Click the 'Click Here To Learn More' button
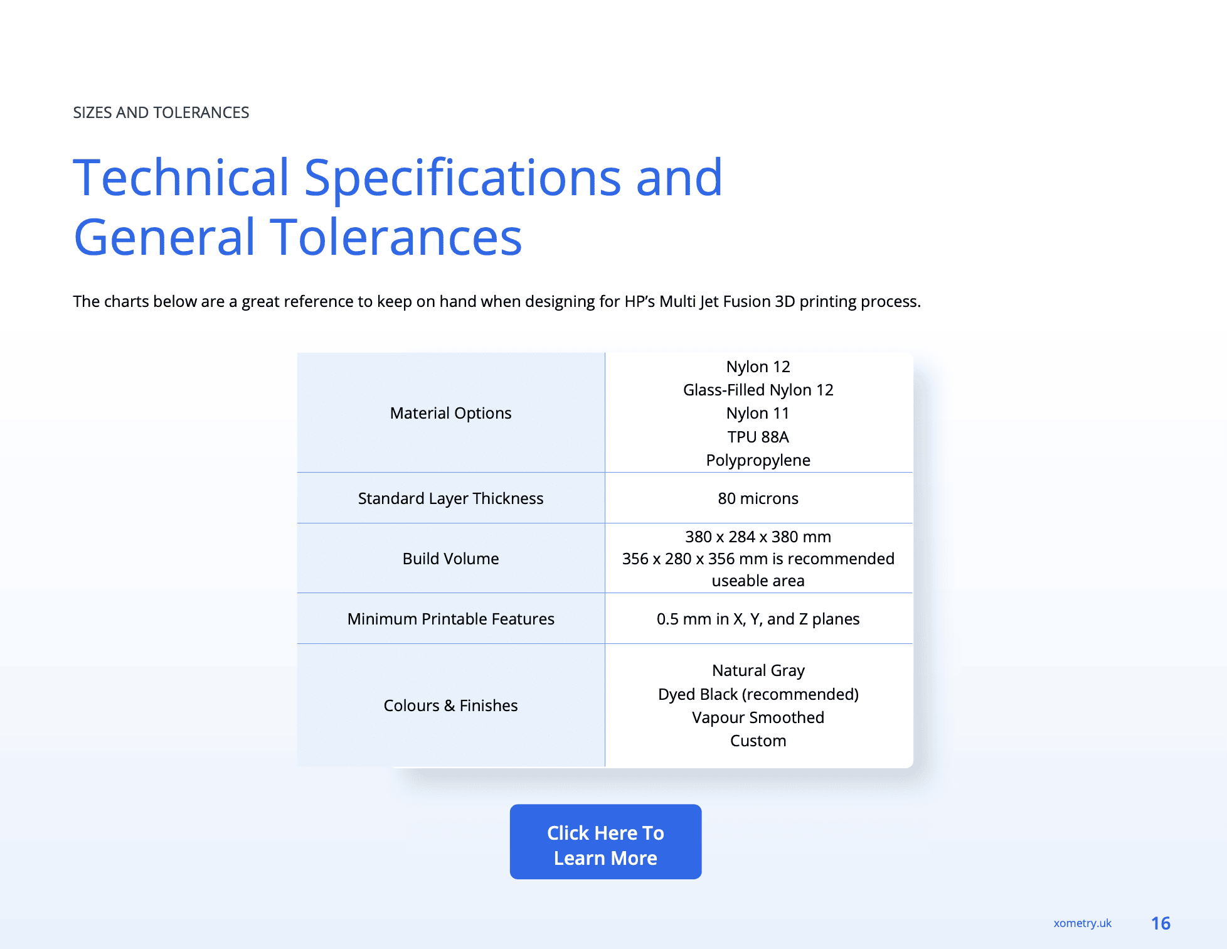pyautogui.click(x=605, y=842)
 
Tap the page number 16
pyautogui.click(x=1161, y=923)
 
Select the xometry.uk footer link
pyautogui.click(x=1082, y=923)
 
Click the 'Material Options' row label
pyautogui.click(x=450, y=413)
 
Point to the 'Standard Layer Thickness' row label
pyautogui.click(x=450, y=498)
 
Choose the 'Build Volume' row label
pyautogui.click(x=450, y=559)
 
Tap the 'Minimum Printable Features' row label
pyautogui.click(x=450, y=619)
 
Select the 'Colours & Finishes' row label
pyautogui.click(x=450, y=705)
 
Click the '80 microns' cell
pyautogui.click(x=758, y=498)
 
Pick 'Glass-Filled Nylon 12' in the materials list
pyautogui.click(x=758, y=390)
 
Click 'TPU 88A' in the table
pyautogui.click(x=758, y=437)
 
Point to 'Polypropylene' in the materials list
pyautogui.click(x=758, y=460)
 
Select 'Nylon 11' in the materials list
pyautogui.click(x=758, y=413)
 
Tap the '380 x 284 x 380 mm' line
pyautogui.click(x=758, y=537)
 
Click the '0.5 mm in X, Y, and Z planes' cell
pyautogui.click(x=758, y=619)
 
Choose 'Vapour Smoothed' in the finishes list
pyautogui.click(x=758, y=717)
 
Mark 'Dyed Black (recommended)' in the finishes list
pyautogui.click(x=758, y=694)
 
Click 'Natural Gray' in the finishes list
pyautogui.click(x=758, y=670)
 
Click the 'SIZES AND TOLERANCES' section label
pyautogui.click(x=161, y=112)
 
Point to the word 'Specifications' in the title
pyautogui.click(x=463, y=179)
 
